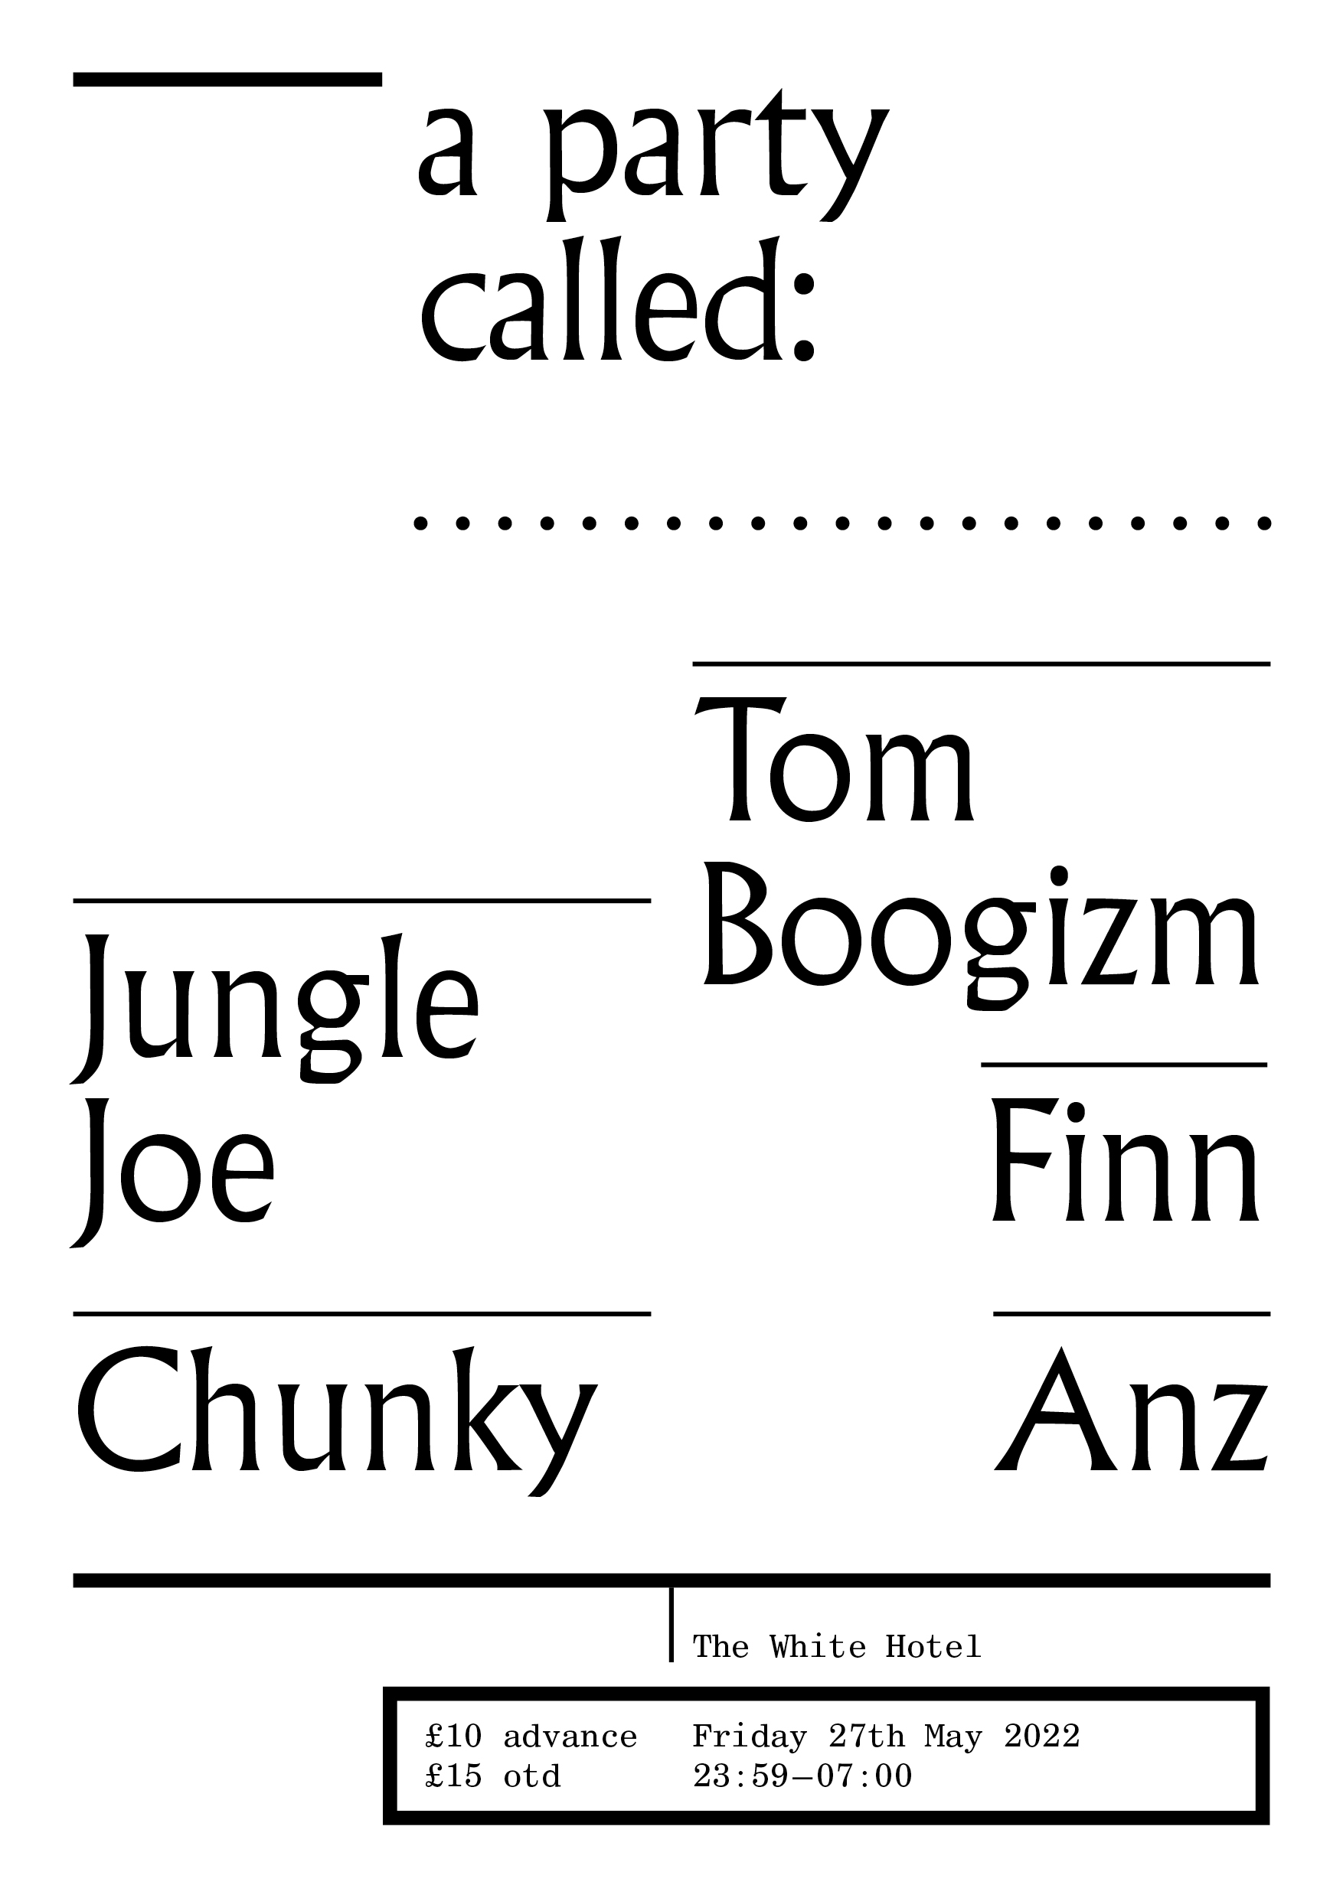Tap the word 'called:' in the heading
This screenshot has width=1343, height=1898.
click(619, 300)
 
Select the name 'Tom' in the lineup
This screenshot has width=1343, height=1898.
click(835, 759)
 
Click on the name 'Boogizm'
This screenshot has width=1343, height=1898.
click(981, 936)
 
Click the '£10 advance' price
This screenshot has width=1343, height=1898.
click(531, 1737)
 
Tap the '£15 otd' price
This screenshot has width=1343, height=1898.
click(493, 1776)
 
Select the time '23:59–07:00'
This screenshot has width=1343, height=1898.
click(802, 1776)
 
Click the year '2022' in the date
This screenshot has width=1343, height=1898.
click(1042, 1737)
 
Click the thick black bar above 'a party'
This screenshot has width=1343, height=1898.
click(227, 80)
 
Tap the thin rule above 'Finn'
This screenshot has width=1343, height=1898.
click(1124, 1065)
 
